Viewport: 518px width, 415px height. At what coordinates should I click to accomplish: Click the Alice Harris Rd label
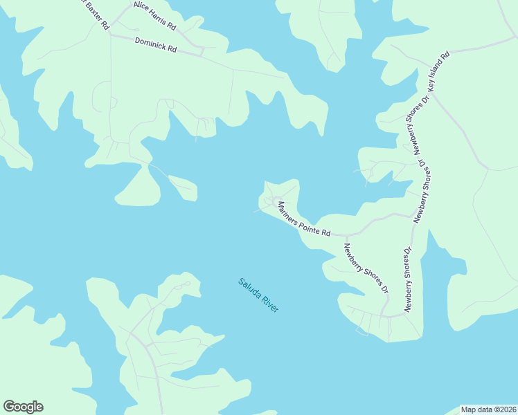[x=154, y=16]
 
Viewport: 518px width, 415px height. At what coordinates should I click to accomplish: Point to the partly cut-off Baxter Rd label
[x=96, y=14]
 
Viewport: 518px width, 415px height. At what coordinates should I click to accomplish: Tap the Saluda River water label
[x=258, y=295]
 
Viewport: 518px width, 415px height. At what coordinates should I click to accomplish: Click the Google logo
[x=23, y=407]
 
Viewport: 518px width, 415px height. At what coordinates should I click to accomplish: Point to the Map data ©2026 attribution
[x=489, y=409]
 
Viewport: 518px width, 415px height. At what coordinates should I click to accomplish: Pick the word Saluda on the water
[x=249, y=288]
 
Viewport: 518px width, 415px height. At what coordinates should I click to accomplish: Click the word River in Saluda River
[x=269, y=304]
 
